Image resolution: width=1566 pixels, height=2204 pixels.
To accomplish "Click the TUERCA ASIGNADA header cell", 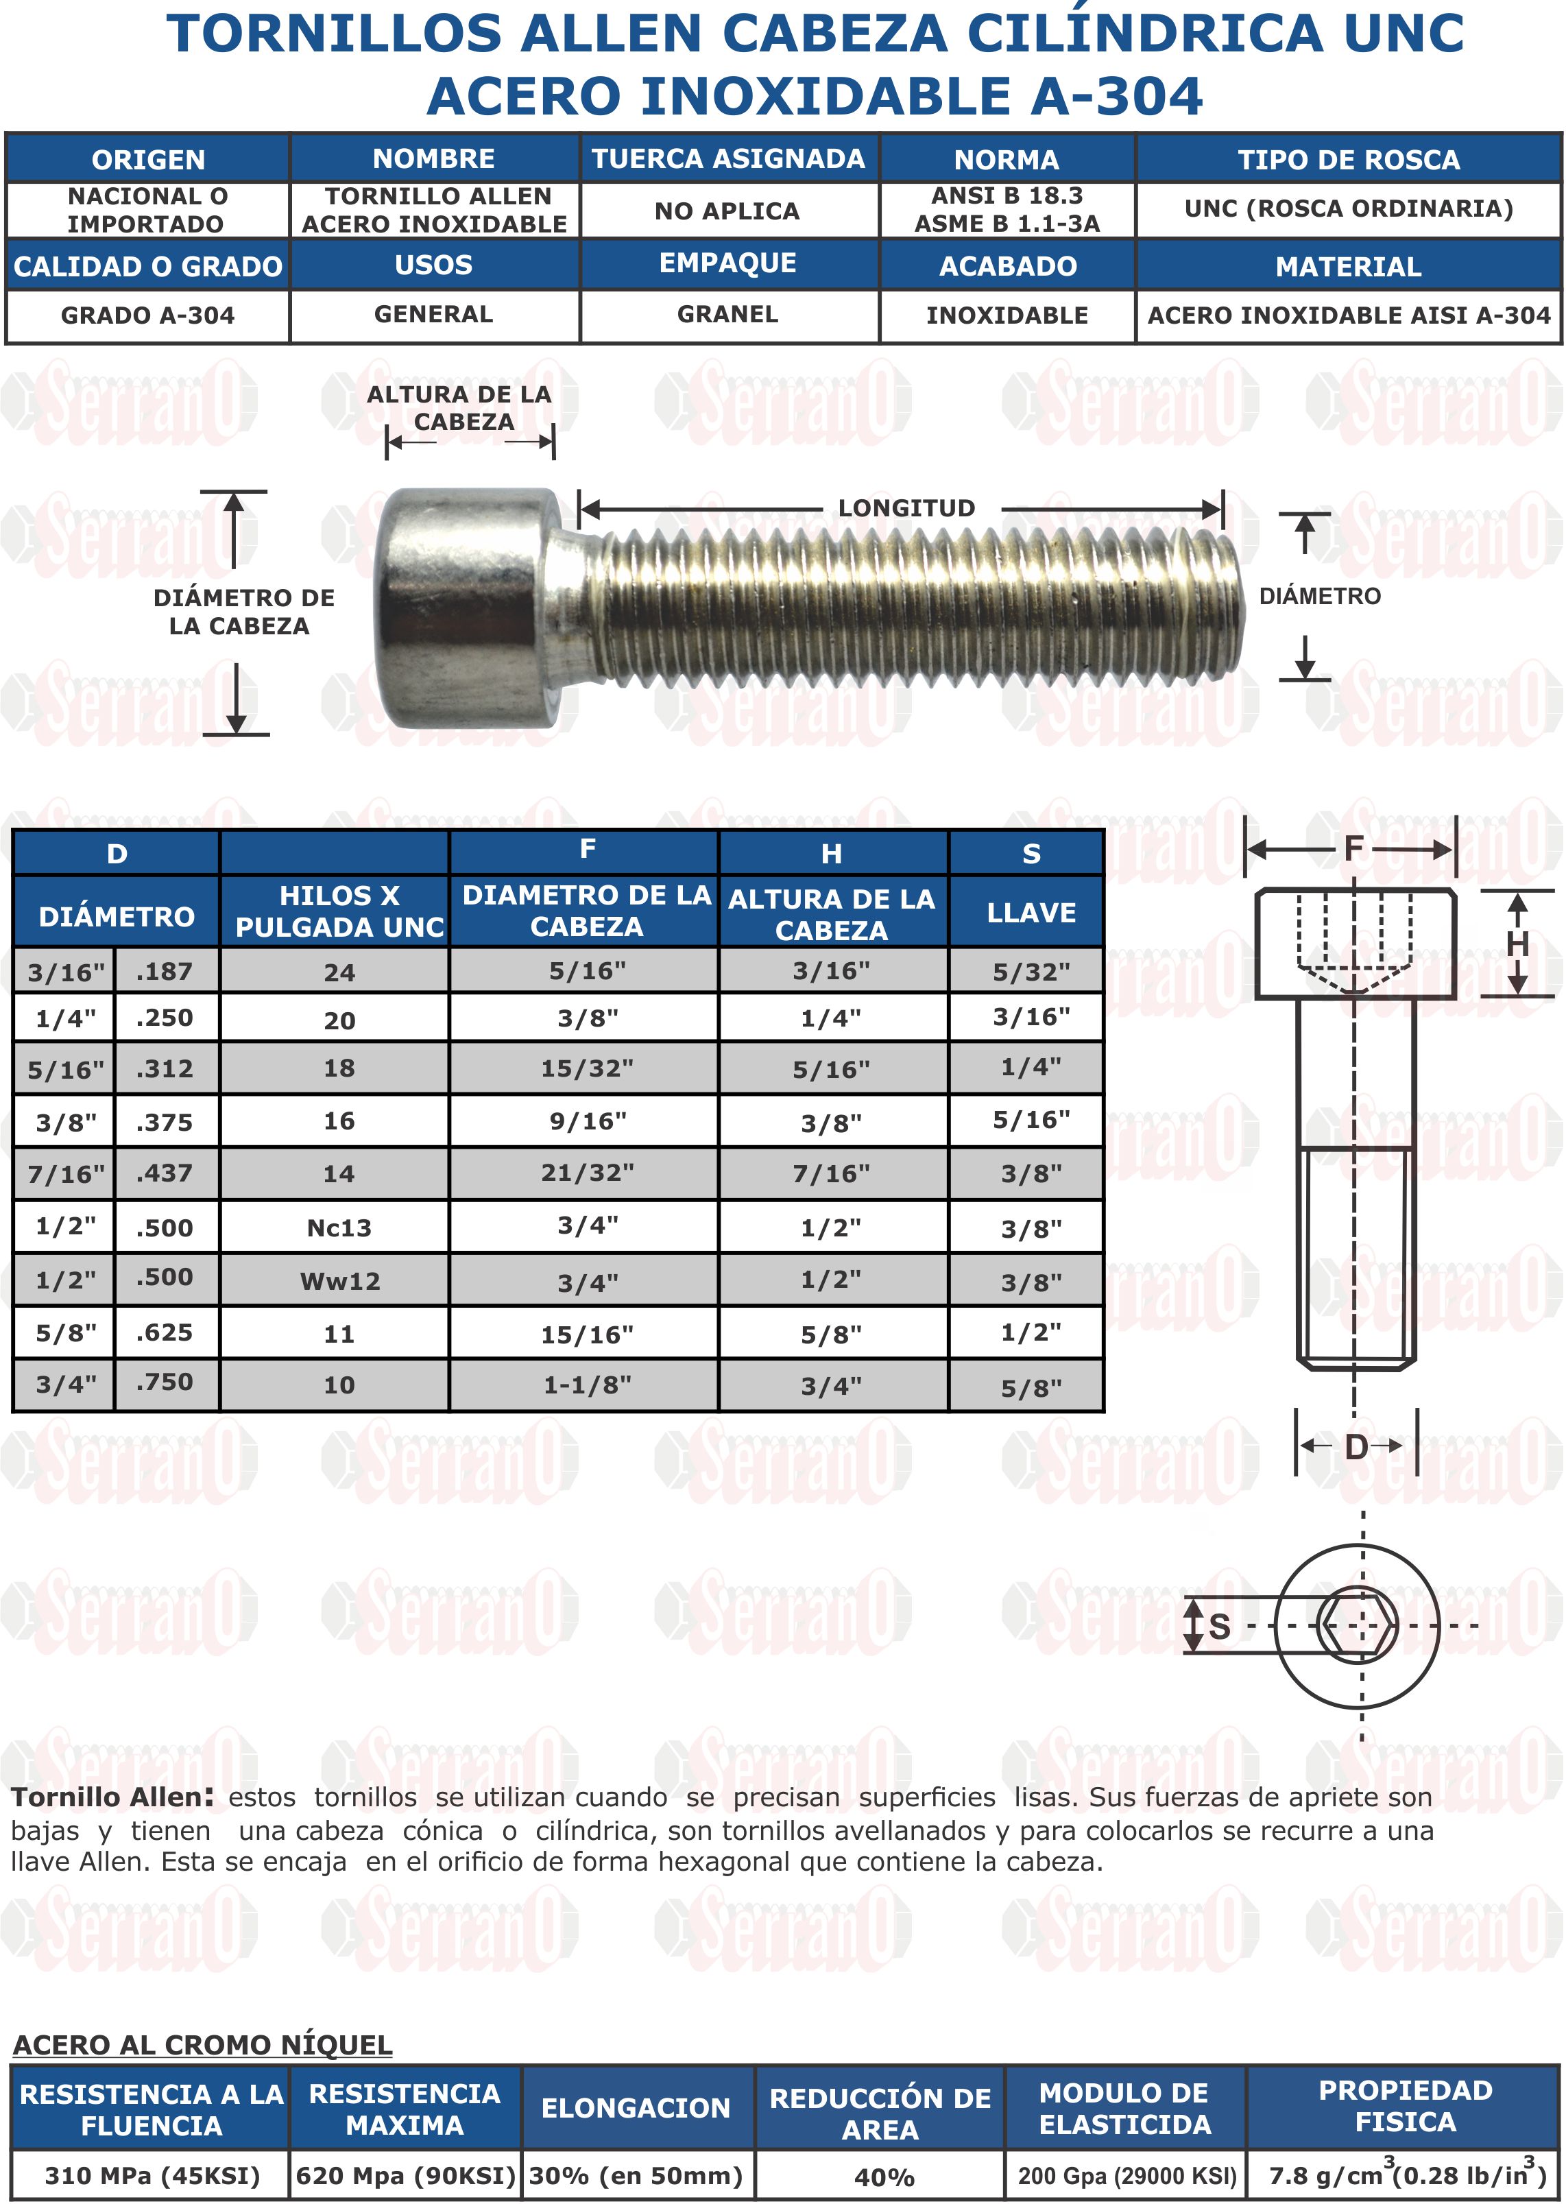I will [x=728, y=158].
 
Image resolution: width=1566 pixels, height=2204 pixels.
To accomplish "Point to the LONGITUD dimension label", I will [x=906, y=508].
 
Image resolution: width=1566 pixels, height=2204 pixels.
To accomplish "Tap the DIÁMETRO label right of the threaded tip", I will [x=1319, y=596].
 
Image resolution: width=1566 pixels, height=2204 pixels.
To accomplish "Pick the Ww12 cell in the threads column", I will [x=339, y=1281].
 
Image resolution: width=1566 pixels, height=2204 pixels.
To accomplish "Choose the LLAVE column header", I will [x=1030, y=913].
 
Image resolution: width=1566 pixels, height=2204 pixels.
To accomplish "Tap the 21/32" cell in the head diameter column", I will [x=586, y=1173].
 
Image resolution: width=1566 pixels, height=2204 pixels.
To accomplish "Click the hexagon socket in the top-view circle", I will [x=1357, y=1626].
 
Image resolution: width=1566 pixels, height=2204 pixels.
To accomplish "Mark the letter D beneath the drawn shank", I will [x=1356, y=1447].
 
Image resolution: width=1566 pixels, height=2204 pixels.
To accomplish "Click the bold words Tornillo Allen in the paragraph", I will [x=111, y=1797].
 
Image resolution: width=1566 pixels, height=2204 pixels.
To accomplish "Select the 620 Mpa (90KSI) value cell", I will [x=405, y=2176].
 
